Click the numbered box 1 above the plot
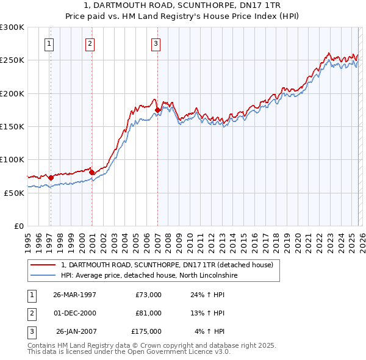coord(48,43)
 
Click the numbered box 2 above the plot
coord(90,43)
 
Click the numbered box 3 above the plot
coord(156,43)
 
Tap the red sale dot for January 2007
coord(157,110)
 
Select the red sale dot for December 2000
coord(91,172)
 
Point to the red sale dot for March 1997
coord(51,178)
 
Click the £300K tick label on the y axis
coord(12,27)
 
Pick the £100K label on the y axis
coord(12,159)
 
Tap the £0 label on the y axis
coord(18,226)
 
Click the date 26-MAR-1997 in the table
coord(74,295)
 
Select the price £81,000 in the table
coord(148,313)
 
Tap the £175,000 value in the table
coord(146,331)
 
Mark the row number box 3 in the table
coord(31,331)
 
